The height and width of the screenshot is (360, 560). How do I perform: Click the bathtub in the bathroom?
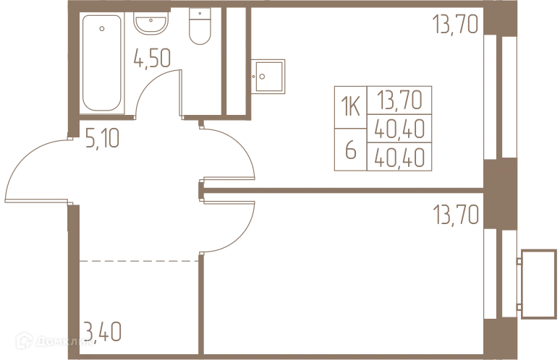coord(103,61)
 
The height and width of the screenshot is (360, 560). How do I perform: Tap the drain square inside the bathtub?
coord(104,29)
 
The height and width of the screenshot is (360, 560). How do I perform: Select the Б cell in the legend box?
coord(352,151)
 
